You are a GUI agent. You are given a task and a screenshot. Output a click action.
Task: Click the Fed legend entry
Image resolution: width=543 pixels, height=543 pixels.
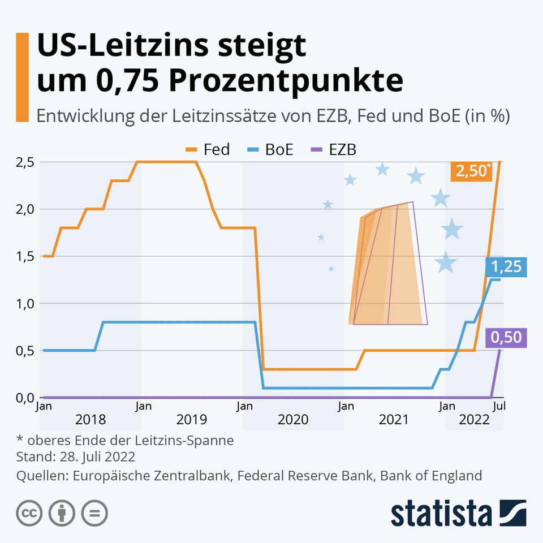pyautogui.click(x=208, y=150)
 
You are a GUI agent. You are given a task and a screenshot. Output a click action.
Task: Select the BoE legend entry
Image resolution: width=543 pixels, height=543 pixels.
pyautogui.click(x=271, y=150)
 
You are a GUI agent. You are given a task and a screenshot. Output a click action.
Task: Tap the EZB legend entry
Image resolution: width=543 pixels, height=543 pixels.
pyautogui.click(x=335, y=150)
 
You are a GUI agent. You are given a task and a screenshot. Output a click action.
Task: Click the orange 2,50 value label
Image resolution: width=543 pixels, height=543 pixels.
pyautogui.click(x=470, y=171)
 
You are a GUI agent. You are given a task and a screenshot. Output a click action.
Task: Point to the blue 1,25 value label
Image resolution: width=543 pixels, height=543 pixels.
pyautogui.click(x=505, y=266)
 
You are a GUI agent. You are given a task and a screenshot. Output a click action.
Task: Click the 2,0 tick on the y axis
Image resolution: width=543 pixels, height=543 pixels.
pyautogui.click(x=25, y=209)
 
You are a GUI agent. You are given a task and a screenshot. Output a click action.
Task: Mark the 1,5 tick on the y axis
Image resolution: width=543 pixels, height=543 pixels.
pyautogui.click(x=25, y=256)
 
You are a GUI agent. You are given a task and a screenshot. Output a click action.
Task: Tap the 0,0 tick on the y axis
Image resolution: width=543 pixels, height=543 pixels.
pyautogui.click(x=25, y=398)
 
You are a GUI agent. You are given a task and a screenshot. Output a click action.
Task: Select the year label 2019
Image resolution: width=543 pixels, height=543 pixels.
pyautogui.click(x=192, y=420)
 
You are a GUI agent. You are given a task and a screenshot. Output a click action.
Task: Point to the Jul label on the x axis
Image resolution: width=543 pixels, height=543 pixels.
pyautogui.click(x=499, y=406)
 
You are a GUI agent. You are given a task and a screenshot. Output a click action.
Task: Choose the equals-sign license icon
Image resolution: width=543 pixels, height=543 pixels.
pyautogui.click(x=94, y=513)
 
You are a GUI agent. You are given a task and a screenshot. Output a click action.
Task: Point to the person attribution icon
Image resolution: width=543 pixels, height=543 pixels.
pyautogui.click(x=62, y=513)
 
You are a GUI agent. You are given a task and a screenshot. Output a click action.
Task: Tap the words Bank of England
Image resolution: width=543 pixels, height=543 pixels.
pyautogui.click(x=431, y=475)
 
